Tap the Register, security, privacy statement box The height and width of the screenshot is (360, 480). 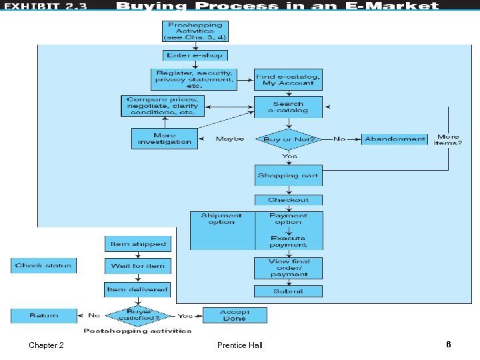(194, 79)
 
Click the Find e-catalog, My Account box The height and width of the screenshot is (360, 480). (288, 79)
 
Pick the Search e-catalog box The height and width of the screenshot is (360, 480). (288, 107)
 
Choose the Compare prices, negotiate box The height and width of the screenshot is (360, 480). (163, 106)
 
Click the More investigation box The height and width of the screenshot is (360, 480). (165, 139)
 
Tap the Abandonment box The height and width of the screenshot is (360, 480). (395, 139)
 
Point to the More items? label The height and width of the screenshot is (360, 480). (448, 139)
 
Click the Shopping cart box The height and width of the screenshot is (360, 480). (288, 175)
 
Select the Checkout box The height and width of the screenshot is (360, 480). (288, 200)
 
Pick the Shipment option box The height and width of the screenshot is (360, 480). (221, 219)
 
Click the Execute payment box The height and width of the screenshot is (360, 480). (288, 241)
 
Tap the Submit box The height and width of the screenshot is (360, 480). (288, 291)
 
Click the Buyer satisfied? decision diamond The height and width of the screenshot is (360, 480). (139, 315)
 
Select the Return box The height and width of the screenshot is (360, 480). (43, 315)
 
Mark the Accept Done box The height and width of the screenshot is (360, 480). (234, 315)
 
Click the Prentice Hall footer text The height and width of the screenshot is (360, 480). (240, 345)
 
